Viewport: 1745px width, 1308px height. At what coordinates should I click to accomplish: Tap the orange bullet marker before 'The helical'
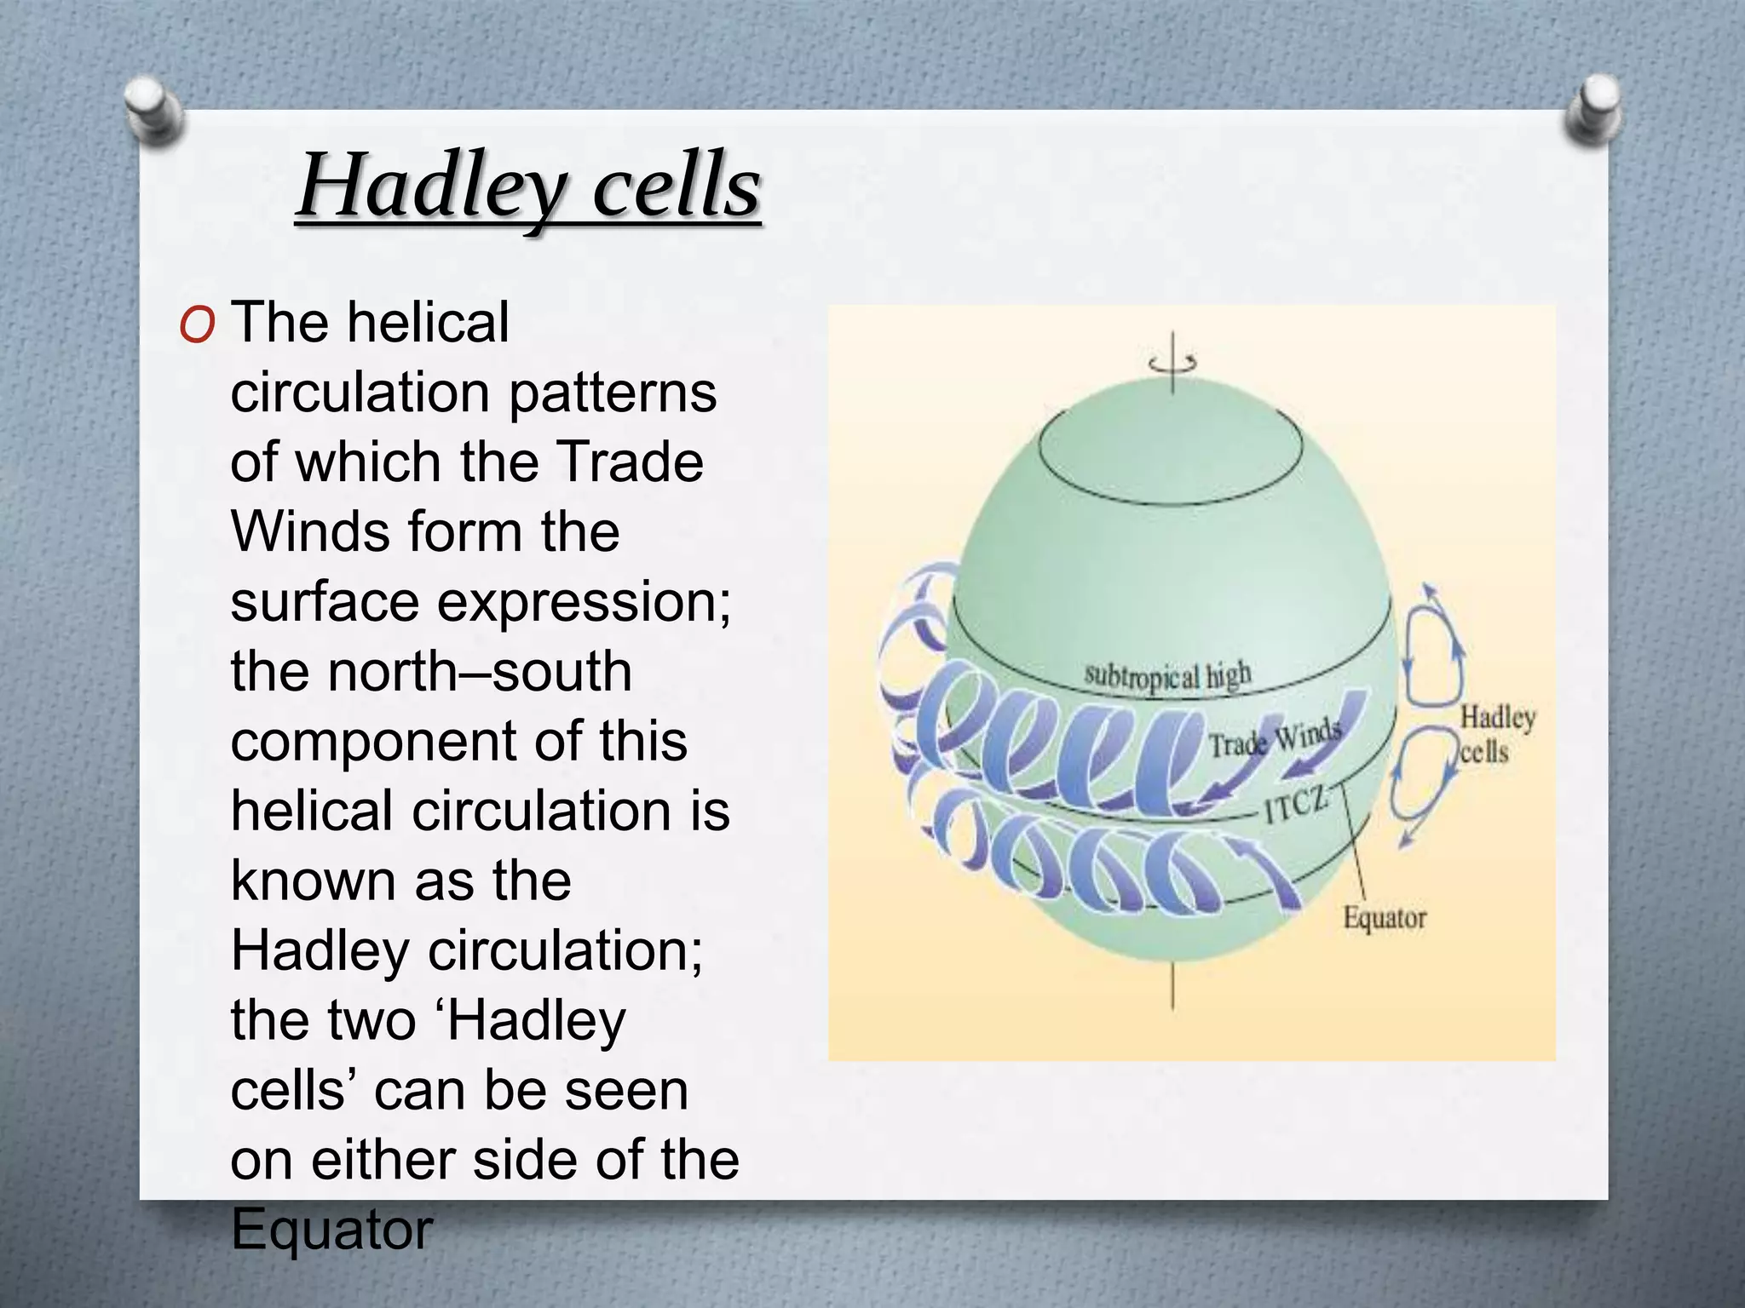tap(197, 325)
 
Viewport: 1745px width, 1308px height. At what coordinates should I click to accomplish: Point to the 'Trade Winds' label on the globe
tap(1275, 737)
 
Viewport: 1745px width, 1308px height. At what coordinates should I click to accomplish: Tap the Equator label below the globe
tap(1385, 918)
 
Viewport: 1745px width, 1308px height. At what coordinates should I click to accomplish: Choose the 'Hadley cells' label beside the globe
tap(1497, 734)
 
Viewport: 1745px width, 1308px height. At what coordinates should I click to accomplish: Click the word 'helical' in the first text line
tap(428, 323)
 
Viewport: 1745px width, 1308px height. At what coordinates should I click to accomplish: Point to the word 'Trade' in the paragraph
tap(625, 462)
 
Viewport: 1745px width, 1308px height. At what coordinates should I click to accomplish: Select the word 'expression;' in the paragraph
tap(584, 601)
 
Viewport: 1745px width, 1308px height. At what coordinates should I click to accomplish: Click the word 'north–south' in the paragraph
tap(480, 671)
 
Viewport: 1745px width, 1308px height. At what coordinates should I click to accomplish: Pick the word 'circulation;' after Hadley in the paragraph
tap(565, 950)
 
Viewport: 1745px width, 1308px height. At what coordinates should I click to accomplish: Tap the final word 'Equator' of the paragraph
tap(331, 1229)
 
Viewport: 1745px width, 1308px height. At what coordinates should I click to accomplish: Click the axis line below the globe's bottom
tap(1172, 988)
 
